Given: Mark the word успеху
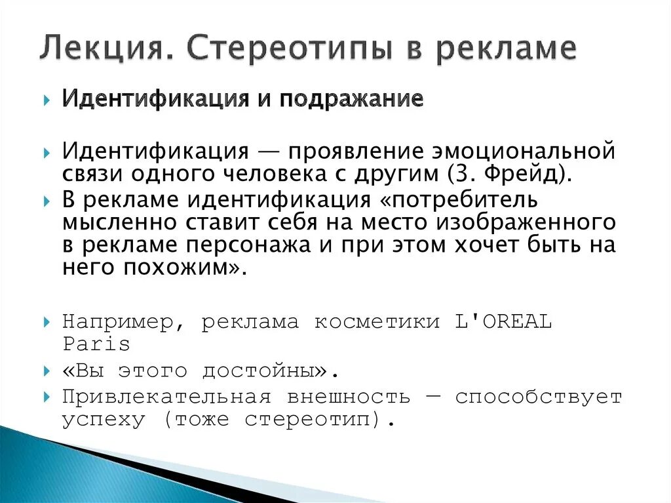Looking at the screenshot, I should click(x=104, y=419).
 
